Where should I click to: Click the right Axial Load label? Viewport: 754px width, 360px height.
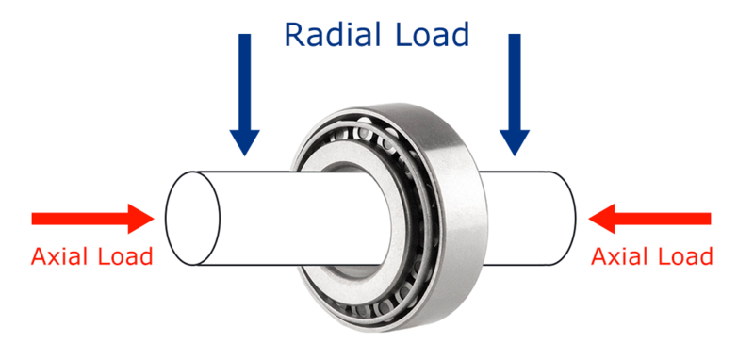[651, 255]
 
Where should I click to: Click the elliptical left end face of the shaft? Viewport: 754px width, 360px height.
[192, 218]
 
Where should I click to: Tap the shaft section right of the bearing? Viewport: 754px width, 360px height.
[528, 218]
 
